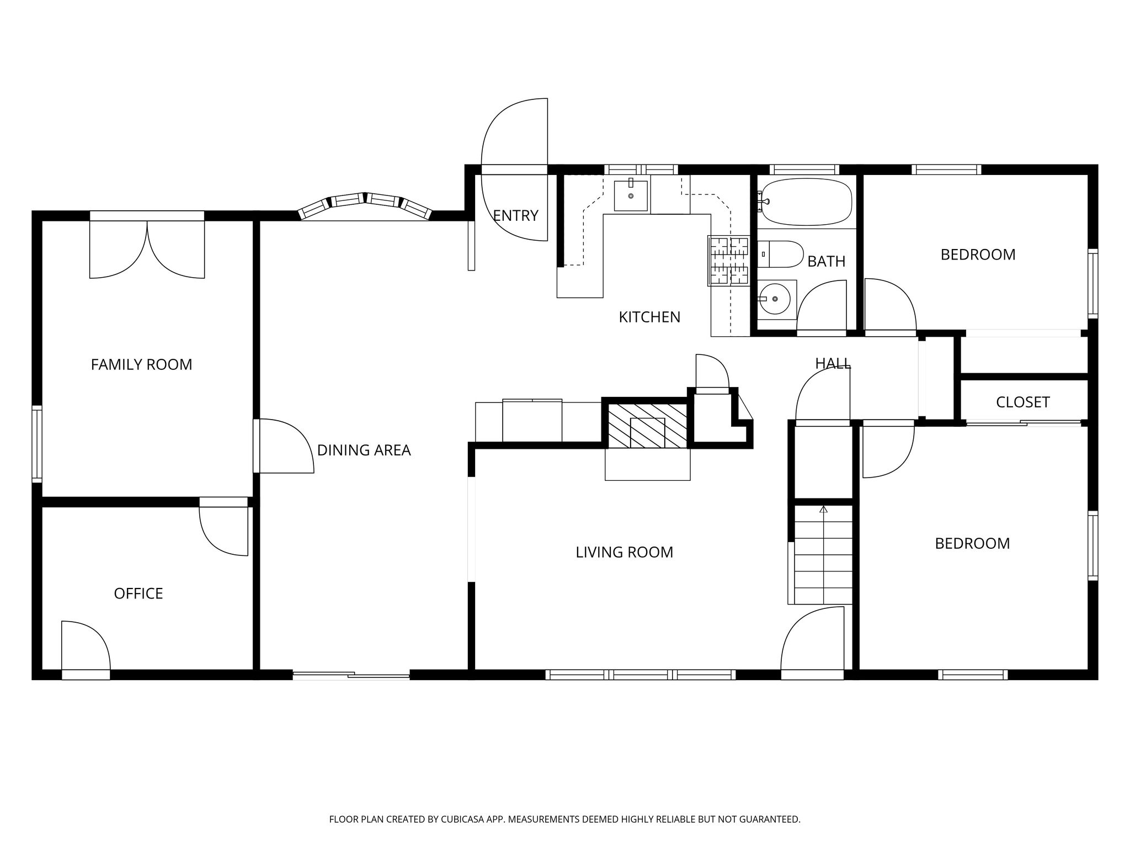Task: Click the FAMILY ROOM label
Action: coord(141,364)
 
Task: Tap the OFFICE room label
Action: coord(138,593)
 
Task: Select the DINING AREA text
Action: coord(364,451)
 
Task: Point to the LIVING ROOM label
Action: coord(625,552)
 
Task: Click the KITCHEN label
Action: coord(649,317)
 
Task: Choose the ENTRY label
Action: coord(515,215)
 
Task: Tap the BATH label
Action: coord(827,261)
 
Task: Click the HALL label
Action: coord(833,363)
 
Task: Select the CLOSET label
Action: coord(1023,402)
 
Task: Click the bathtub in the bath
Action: coord(806,202)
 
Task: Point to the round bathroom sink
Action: coord(775,299)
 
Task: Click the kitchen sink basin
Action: coord(631,195)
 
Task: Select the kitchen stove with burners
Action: coord(728,261)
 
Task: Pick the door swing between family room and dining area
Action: coord(286,446)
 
